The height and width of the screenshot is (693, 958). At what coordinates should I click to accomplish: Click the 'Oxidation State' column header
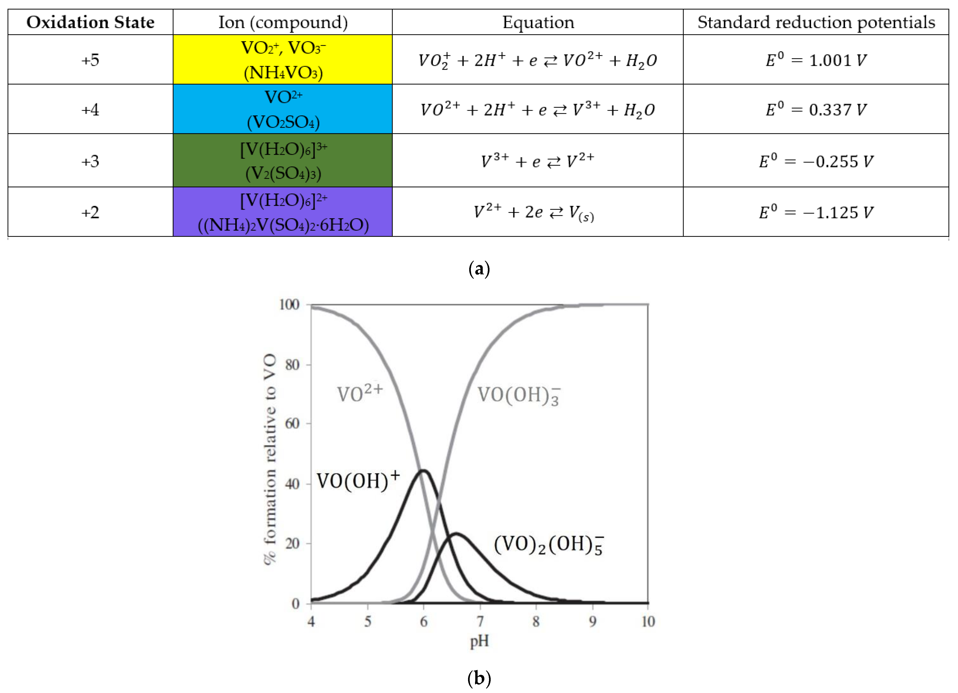coord(90,22)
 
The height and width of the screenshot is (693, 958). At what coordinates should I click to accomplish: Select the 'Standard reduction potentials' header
coord(816,22)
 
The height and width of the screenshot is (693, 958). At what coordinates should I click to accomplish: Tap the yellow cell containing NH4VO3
coord(283,60)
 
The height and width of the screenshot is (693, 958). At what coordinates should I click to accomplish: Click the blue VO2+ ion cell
coord(283,109)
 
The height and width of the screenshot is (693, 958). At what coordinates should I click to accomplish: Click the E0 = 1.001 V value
coord(816,60)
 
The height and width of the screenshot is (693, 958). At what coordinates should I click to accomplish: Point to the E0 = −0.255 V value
coord(816,161)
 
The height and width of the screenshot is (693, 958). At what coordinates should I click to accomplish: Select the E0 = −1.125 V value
coord(816,212)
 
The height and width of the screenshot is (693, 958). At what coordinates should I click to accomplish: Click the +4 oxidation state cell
coord(90,110)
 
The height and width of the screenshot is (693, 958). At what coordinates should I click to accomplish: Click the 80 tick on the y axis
coord(292,364)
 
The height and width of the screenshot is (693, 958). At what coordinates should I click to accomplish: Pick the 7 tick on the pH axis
coord(480,621)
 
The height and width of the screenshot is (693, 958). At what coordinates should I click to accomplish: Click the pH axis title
coord(479,641)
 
